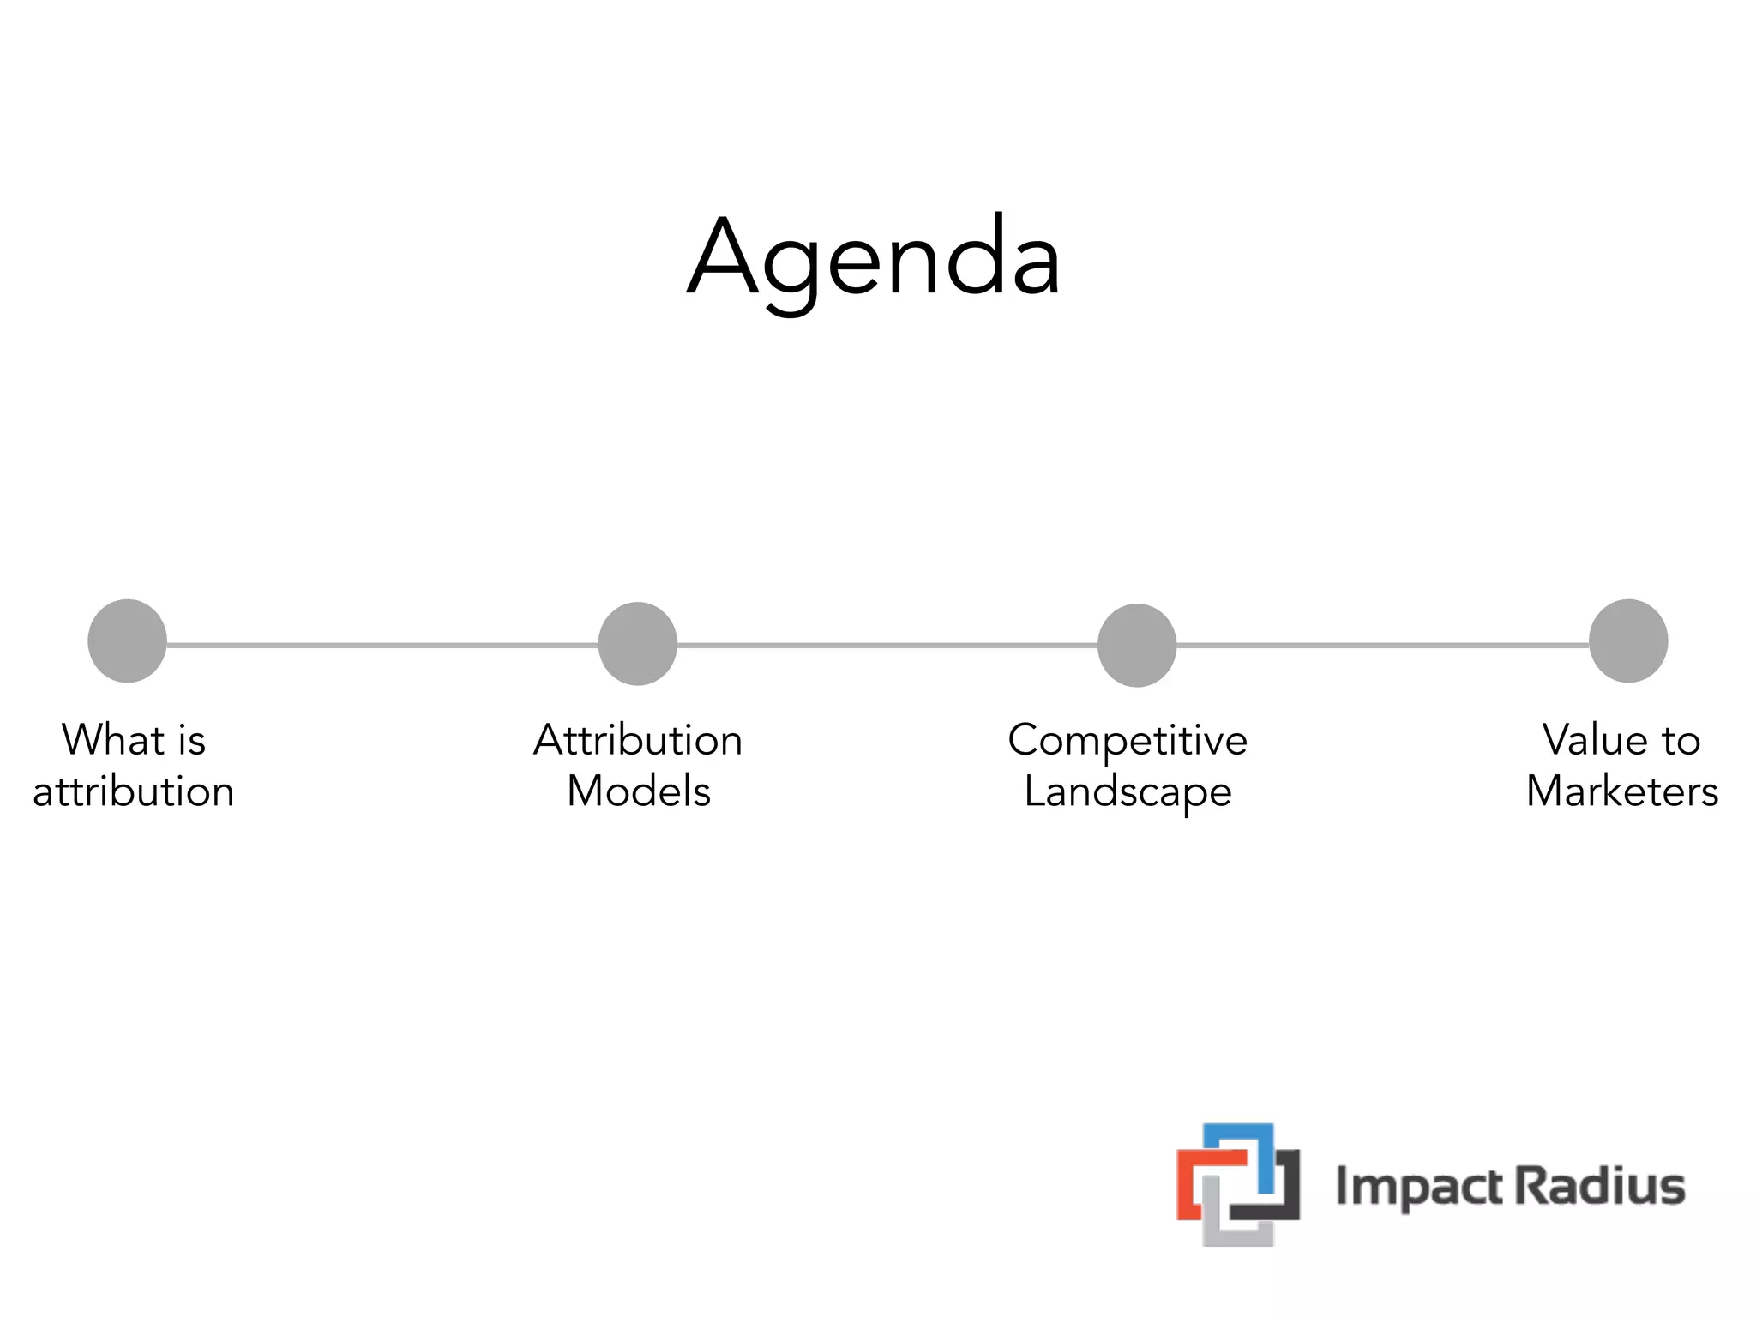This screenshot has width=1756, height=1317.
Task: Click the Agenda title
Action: pos(875,257)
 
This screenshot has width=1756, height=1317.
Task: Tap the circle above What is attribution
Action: pos(127,640)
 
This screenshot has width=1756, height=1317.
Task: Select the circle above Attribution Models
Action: pos(637,643)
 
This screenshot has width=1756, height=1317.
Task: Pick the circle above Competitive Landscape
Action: pos(1136,645)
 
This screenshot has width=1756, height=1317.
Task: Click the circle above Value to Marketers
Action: pos(1627,640)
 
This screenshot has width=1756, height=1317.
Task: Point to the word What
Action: pos(112,739)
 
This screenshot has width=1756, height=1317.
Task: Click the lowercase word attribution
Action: pos(134,791)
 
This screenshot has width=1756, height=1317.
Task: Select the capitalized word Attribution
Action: pos(637,739)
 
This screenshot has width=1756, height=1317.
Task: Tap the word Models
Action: pos(639,791)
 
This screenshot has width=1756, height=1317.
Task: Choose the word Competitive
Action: pos(1127,739)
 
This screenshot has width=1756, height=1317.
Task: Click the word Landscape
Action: pos(1127,791)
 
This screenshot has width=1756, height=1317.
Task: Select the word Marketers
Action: pos(1621,791)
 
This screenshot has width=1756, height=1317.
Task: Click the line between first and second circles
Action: pos(382,645)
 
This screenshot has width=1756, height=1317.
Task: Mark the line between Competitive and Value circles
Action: pos(1382,645)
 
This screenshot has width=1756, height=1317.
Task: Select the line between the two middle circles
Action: pos(887,645)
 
